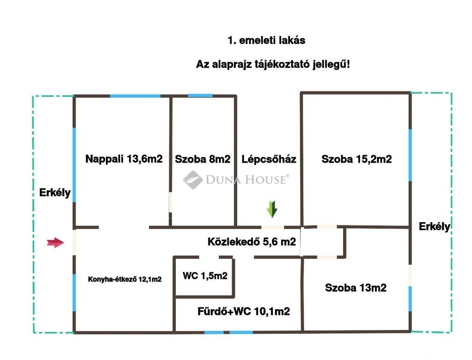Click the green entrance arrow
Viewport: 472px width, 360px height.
(272, 209)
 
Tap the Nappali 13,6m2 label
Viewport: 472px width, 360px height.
(124, 159)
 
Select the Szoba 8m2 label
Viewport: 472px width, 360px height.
(202, 159)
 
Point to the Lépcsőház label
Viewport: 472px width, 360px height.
(269, 159)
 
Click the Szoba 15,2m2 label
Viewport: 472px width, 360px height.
(357, 159)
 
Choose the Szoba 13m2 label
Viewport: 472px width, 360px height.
(355, 288)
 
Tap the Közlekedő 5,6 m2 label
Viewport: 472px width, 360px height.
(252, 242)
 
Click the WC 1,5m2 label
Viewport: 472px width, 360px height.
(205, 276)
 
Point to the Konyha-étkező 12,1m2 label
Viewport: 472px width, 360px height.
(125, 279)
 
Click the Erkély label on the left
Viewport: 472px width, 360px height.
(55, 192)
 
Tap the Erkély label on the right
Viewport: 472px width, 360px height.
(435, 227)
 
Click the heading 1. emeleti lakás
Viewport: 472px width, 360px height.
(266, 40)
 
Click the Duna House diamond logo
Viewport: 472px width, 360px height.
(192, 180)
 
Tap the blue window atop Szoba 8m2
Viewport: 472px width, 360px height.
(200, 96)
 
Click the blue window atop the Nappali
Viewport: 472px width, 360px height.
(135, 96)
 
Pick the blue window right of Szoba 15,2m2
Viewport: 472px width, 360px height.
(410, 155)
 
